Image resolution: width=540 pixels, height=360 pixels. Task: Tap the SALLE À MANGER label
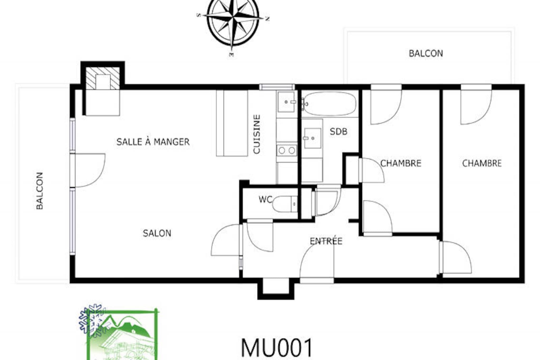click(153, 142)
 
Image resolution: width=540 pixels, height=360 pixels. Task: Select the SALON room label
click(157, 233)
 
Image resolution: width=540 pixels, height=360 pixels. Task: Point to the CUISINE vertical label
click(257, 134)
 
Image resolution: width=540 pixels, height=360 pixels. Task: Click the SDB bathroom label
click(339, 132)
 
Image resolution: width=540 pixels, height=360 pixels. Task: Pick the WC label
click(265, 200)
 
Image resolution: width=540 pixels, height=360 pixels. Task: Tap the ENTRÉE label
click(326, 241)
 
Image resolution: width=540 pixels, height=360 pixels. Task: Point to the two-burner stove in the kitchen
click(287, 150)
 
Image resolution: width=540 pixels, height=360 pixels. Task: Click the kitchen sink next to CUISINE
click(287, 102)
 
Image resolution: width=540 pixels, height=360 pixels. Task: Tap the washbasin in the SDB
click(312, 138)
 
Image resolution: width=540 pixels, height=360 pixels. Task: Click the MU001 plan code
click(277, 348)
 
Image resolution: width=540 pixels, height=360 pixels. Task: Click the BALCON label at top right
click(426, 54)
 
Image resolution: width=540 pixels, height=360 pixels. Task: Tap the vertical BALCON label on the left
click(40, 191)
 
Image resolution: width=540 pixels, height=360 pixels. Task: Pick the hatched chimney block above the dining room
click(103, 78)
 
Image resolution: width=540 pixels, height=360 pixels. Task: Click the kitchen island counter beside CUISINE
click(232, 123)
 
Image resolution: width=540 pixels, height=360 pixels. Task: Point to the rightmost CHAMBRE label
click(482, 163)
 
